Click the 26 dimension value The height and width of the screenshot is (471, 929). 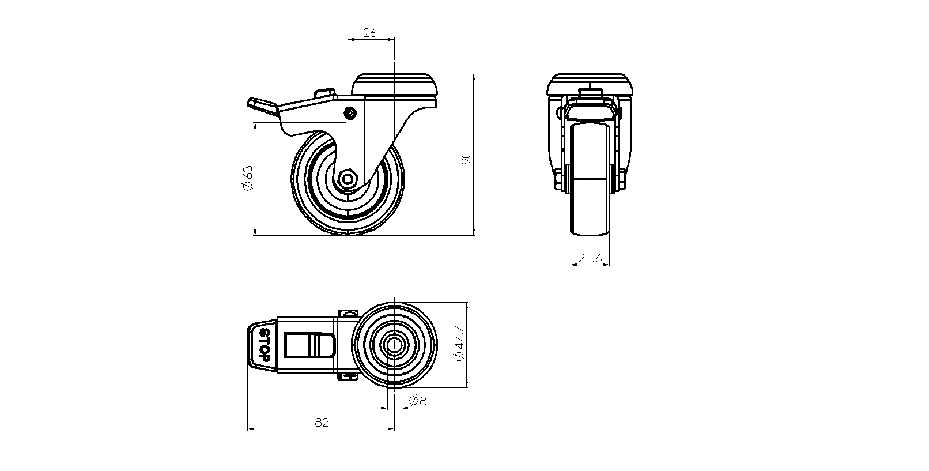click(369, 33)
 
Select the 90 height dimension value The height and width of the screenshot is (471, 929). click(466, 158)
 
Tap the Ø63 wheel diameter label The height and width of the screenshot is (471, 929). click(247, 178)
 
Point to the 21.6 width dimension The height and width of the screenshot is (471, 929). click(590, 258)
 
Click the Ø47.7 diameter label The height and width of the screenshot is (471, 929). click(459, 343)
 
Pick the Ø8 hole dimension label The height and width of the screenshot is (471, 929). click(418, 401)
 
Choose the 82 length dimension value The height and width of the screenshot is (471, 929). click(322, 423)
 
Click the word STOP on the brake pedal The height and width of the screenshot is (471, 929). click(265, 344)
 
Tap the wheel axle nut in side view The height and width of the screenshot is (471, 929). click(348, 179)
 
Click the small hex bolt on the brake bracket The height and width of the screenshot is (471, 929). click(350, 113)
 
